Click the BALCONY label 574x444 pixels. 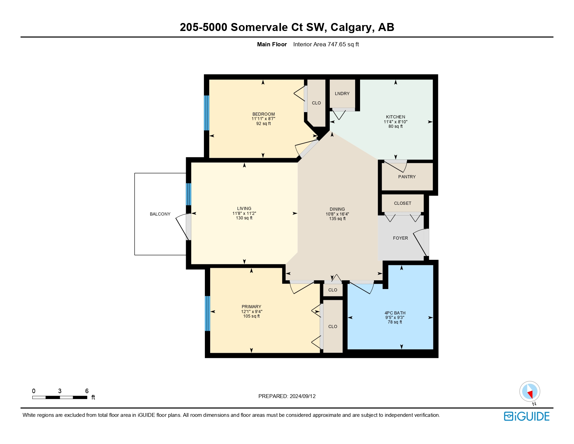point(160,214)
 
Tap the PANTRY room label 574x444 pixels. point(407,177)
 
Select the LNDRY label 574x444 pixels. point(342,94)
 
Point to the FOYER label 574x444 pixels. point(400,238)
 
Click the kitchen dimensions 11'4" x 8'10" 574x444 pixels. point(395,122)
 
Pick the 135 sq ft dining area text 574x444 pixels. point(337,219)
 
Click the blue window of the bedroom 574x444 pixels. point(206,112)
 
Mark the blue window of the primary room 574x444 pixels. point(207,313)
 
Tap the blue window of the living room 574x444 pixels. point(189,194)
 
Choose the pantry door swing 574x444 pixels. point(397,166)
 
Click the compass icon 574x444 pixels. point(529,391)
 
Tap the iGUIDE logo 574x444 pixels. point(527,416)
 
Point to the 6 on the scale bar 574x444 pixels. point(87,391)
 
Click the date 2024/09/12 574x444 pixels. point(303,396)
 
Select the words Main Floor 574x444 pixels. point(272,44)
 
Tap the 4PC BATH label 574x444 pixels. point(395,313)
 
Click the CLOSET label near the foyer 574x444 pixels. point(402,203)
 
